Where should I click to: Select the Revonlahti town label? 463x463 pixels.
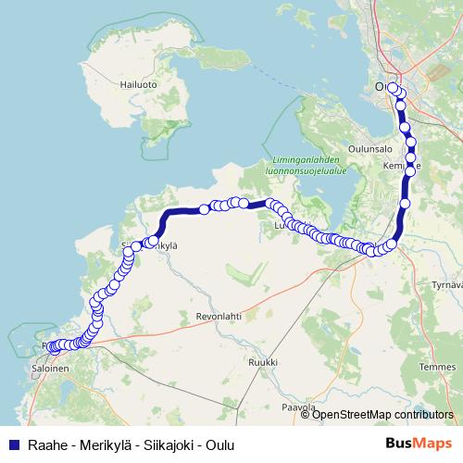[x=218, y=316]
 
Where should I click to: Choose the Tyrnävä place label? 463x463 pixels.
[x=448, y=284]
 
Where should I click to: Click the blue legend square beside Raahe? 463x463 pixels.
[x=13, y=444]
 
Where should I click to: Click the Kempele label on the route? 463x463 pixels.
[x=399, y=166]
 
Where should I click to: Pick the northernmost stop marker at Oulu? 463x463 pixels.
[x=393, y=89]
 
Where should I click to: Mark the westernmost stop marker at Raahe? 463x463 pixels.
[x=53, y=348]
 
